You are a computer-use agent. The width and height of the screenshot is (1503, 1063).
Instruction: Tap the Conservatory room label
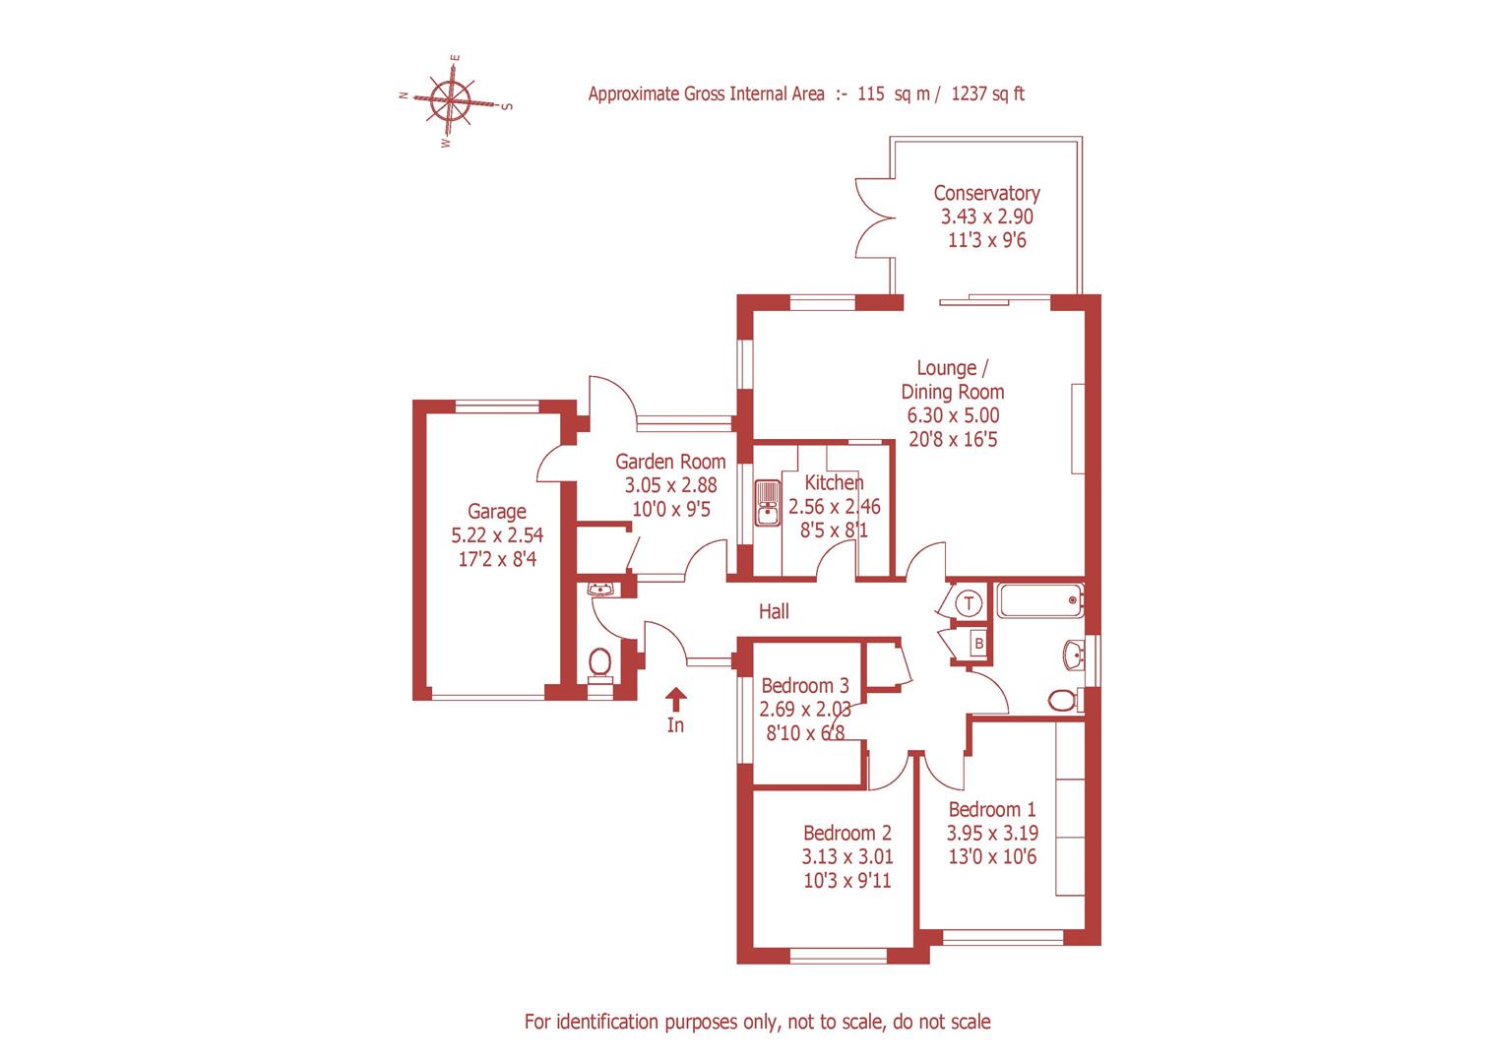coord(986,193)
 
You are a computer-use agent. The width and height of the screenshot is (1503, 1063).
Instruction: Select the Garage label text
coord(496,512)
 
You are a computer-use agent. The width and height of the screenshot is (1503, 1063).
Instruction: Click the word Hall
coord(774,611)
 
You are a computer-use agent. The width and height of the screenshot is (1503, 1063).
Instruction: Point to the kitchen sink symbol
coord(767,501)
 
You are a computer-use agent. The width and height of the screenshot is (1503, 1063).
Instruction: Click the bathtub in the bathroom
coord(1039,599)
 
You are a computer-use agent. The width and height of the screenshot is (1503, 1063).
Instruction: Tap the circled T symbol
coord(971,602)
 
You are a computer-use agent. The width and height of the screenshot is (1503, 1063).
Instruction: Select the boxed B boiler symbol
coord(978,644)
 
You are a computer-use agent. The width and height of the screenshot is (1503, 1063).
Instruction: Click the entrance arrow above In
coord(675,699)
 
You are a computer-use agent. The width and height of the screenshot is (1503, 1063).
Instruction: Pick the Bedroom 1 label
coord(991,809)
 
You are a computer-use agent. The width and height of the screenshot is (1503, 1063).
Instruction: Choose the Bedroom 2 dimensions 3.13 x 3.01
coord(846,857)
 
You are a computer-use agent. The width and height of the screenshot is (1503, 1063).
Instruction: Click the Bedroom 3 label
coord(805,685)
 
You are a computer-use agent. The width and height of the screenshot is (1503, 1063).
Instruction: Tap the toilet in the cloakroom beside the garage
coord(599,663)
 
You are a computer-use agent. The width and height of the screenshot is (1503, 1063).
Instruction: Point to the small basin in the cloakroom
coord(600,590)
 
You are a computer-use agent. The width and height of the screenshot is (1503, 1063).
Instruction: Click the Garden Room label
coord(670,461)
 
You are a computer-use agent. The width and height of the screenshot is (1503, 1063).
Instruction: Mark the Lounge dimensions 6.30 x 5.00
coord(952,415)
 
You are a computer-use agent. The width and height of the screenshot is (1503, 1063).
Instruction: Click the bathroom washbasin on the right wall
coord(1074,653)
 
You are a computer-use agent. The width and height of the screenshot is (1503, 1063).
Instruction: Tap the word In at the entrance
coord(675,726)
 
